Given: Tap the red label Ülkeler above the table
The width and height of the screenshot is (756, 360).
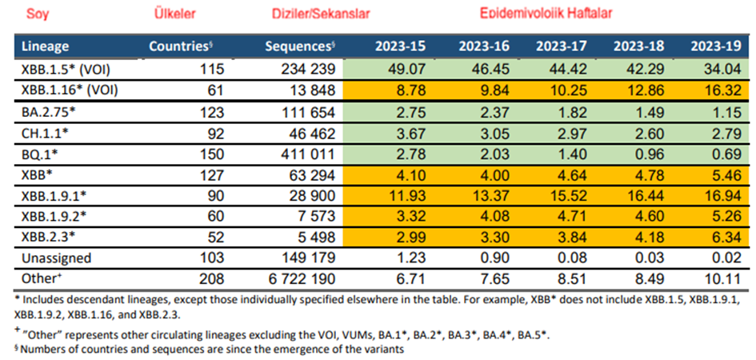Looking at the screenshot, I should click(174, 14).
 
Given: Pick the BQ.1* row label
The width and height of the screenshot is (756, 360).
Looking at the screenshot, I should click(38, 151).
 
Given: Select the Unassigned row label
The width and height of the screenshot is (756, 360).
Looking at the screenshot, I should click(56, 258).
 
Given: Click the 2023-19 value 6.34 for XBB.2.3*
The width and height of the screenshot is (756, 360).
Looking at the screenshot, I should click(727, 237).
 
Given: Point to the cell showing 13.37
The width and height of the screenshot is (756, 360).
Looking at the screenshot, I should click(470, 195).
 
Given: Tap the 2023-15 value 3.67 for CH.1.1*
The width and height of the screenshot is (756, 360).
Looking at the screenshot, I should click(388, 132).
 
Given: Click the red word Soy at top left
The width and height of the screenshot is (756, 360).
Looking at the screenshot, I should click(37, 14).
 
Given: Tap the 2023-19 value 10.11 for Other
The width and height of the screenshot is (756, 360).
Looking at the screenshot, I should click(724, 279).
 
